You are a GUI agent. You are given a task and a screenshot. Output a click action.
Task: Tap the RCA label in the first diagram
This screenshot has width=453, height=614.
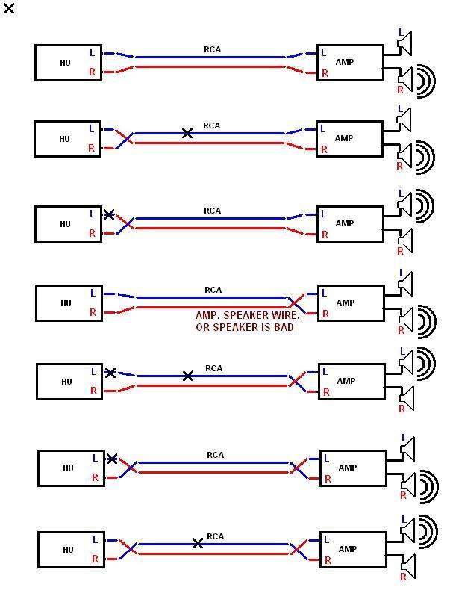point(213,49)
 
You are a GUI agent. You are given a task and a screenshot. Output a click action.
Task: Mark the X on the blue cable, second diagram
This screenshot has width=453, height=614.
point(187,133)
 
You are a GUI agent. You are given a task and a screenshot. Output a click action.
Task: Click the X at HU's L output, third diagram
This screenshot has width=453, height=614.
point(109,214)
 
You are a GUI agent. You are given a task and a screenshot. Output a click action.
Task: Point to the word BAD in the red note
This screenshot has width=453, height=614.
point(284,327)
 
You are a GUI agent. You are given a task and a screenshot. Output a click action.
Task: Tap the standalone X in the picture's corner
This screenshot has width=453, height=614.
point(9,8)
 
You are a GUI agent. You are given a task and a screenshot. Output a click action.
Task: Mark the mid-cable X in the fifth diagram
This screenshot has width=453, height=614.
point(188,376)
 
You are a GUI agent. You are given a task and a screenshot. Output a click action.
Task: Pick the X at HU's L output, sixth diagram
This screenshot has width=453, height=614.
point(111,459)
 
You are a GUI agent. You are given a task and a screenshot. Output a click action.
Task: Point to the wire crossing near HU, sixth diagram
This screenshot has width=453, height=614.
point(130,467)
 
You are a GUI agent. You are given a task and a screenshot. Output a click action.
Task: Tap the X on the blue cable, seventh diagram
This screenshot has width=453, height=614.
point(198,544)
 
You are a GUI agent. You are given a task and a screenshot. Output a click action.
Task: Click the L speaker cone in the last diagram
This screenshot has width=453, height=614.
point(407,530)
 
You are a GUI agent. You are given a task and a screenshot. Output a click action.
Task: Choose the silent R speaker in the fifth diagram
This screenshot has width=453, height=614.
point(407,399)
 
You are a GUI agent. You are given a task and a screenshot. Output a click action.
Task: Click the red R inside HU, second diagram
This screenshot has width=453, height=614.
point(91,148)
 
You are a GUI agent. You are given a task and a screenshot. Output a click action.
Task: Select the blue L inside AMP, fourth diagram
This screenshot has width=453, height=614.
point(325,293)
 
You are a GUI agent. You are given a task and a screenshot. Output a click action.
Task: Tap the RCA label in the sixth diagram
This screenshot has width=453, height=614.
point(216,455)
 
